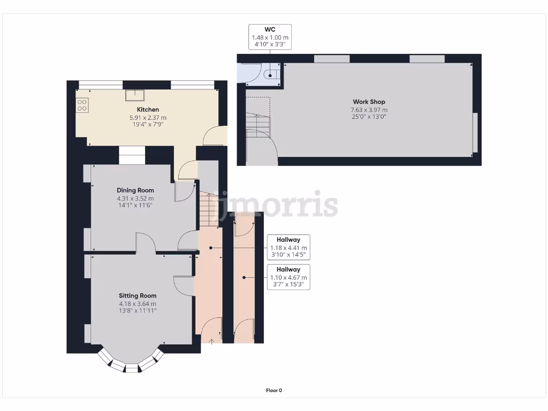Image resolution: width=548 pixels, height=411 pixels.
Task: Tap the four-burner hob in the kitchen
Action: tap(82, 105)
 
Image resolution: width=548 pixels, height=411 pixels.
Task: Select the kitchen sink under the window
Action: tap(135, 95)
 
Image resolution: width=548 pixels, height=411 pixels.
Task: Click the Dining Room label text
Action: tap(135, 190)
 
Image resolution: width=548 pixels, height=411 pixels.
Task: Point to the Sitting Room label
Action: tap(138, 295)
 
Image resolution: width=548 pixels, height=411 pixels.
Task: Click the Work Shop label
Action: tap(369, 102)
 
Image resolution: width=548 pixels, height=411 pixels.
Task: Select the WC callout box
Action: tap(270, 37)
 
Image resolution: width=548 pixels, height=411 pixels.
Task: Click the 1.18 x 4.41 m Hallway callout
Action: tap(288, 248)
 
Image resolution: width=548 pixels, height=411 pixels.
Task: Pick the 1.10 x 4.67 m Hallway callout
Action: tap(288, 277)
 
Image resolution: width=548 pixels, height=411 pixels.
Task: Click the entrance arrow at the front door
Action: tap(212, 340)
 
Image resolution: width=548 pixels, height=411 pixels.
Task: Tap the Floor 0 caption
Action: tap(274, 390)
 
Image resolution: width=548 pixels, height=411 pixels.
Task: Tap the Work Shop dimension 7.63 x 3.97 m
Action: tap(369, 110)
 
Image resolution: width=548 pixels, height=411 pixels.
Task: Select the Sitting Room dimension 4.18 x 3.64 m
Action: tap(138, 304)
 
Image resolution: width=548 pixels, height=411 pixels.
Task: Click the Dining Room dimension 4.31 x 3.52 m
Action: tap(135, 199)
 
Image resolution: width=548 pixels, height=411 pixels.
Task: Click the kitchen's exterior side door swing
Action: tap(216, 136)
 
